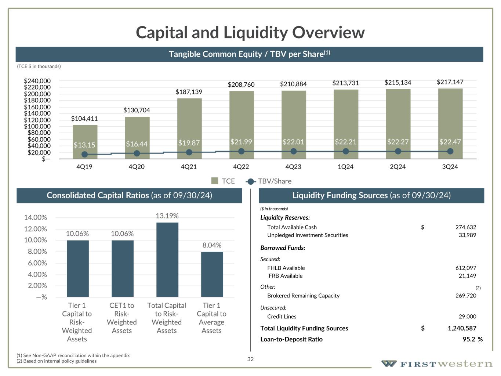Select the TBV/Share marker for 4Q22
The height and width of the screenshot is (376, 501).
point(241,151)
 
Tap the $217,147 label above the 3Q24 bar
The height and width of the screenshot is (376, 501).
point(450,82)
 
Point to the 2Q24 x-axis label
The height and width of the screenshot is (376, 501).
point(397,167)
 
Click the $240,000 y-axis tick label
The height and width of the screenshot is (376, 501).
point(37,81)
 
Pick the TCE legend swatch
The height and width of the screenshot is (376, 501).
point(215,181)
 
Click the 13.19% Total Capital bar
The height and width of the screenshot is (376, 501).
point(167,259)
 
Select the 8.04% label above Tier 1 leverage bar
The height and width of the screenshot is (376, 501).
point(212,245)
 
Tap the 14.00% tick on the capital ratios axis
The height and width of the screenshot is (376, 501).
point(36,217)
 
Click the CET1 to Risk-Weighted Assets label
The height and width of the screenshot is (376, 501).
point(122,318)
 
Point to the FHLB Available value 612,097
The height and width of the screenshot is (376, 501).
point(465,268)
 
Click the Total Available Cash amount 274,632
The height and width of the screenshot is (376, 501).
point(465,227)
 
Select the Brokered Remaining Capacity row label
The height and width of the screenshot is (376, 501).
point(303,296)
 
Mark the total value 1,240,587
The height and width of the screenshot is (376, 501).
point(462,328)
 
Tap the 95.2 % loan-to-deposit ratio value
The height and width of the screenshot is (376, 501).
point(472,339)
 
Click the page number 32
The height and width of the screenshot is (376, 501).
point(250,359)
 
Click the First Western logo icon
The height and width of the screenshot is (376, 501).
point(389,364)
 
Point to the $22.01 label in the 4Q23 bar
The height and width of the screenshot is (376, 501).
point(293,142)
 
